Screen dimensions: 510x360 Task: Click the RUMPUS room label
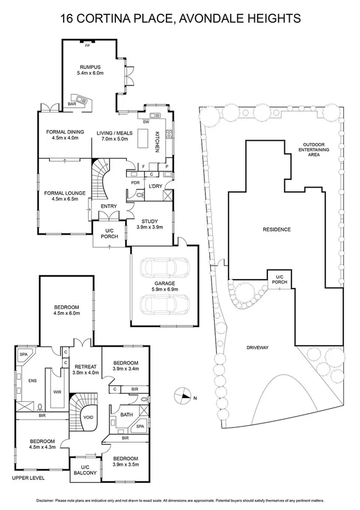[90, 67]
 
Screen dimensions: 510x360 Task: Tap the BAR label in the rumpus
[72, 104]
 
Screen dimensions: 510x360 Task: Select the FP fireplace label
[87, 46]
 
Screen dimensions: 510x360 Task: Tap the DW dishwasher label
[146, 121]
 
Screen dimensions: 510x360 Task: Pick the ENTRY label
[109, 206]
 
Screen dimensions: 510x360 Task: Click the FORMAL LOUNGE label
[65, 192]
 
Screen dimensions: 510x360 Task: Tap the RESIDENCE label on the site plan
[276, 229]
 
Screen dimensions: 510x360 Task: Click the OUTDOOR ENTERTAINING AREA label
[319, 149]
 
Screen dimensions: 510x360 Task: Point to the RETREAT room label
[85, 366]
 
